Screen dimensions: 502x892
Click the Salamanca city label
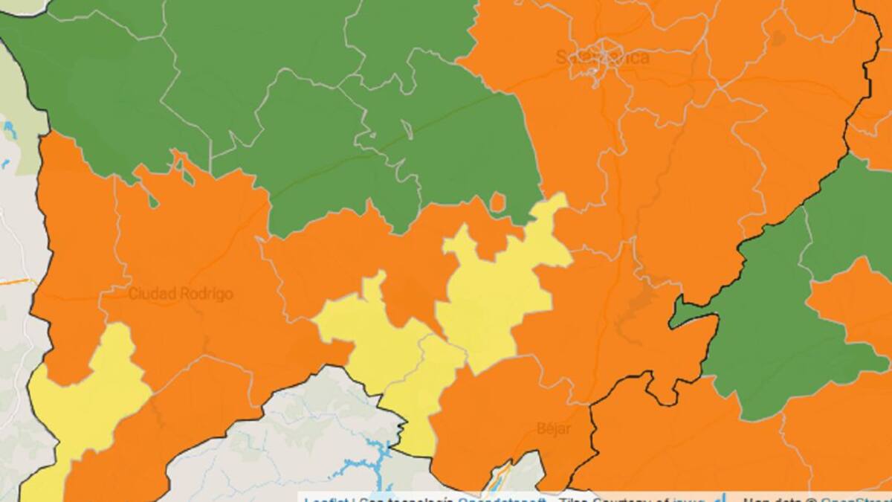point(602,57)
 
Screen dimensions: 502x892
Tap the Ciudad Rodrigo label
point(181,294)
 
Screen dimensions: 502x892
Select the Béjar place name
point(553,429)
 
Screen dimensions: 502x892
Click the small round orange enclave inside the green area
point(498,202)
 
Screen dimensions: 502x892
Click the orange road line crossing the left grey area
point(15,283)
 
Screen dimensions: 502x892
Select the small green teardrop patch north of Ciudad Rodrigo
point(153,200)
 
